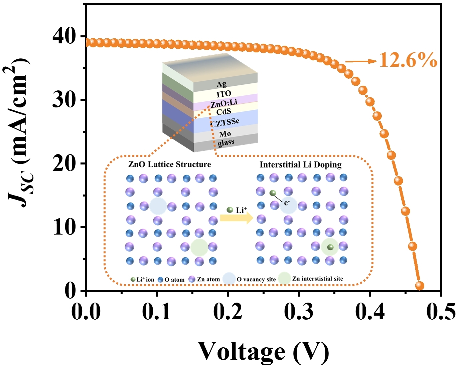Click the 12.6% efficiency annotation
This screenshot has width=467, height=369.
(408, 60)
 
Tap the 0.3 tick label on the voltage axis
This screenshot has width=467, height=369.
(299, 312)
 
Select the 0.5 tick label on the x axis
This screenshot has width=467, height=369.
(441, 312)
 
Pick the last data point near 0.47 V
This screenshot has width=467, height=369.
(420, 286)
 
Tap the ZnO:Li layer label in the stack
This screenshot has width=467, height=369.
(224, 103)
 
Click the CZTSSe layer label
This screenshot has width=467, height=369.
(225, 122)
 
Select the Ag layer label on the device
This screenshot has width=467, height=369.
(221, 84)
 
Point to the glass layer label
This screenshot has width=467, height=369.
(226, 142)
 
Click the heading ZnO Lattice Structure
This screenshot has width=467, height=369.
(169, 164)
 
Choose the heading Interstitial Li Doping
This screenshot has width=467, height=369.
(301, 165)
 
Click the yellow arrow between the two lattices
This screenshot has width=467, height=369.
(237, 219)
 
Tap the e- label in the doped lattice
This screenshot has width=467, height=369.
(287, 203)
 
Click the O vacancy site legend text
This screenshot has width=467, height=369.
(256, 280)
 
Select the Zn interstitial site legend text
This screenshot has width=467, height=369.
(317, 279)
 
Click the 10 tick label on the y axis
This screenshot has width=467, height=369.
(64, 228)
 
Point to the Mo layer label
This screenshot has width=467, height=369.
(225, 134)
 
